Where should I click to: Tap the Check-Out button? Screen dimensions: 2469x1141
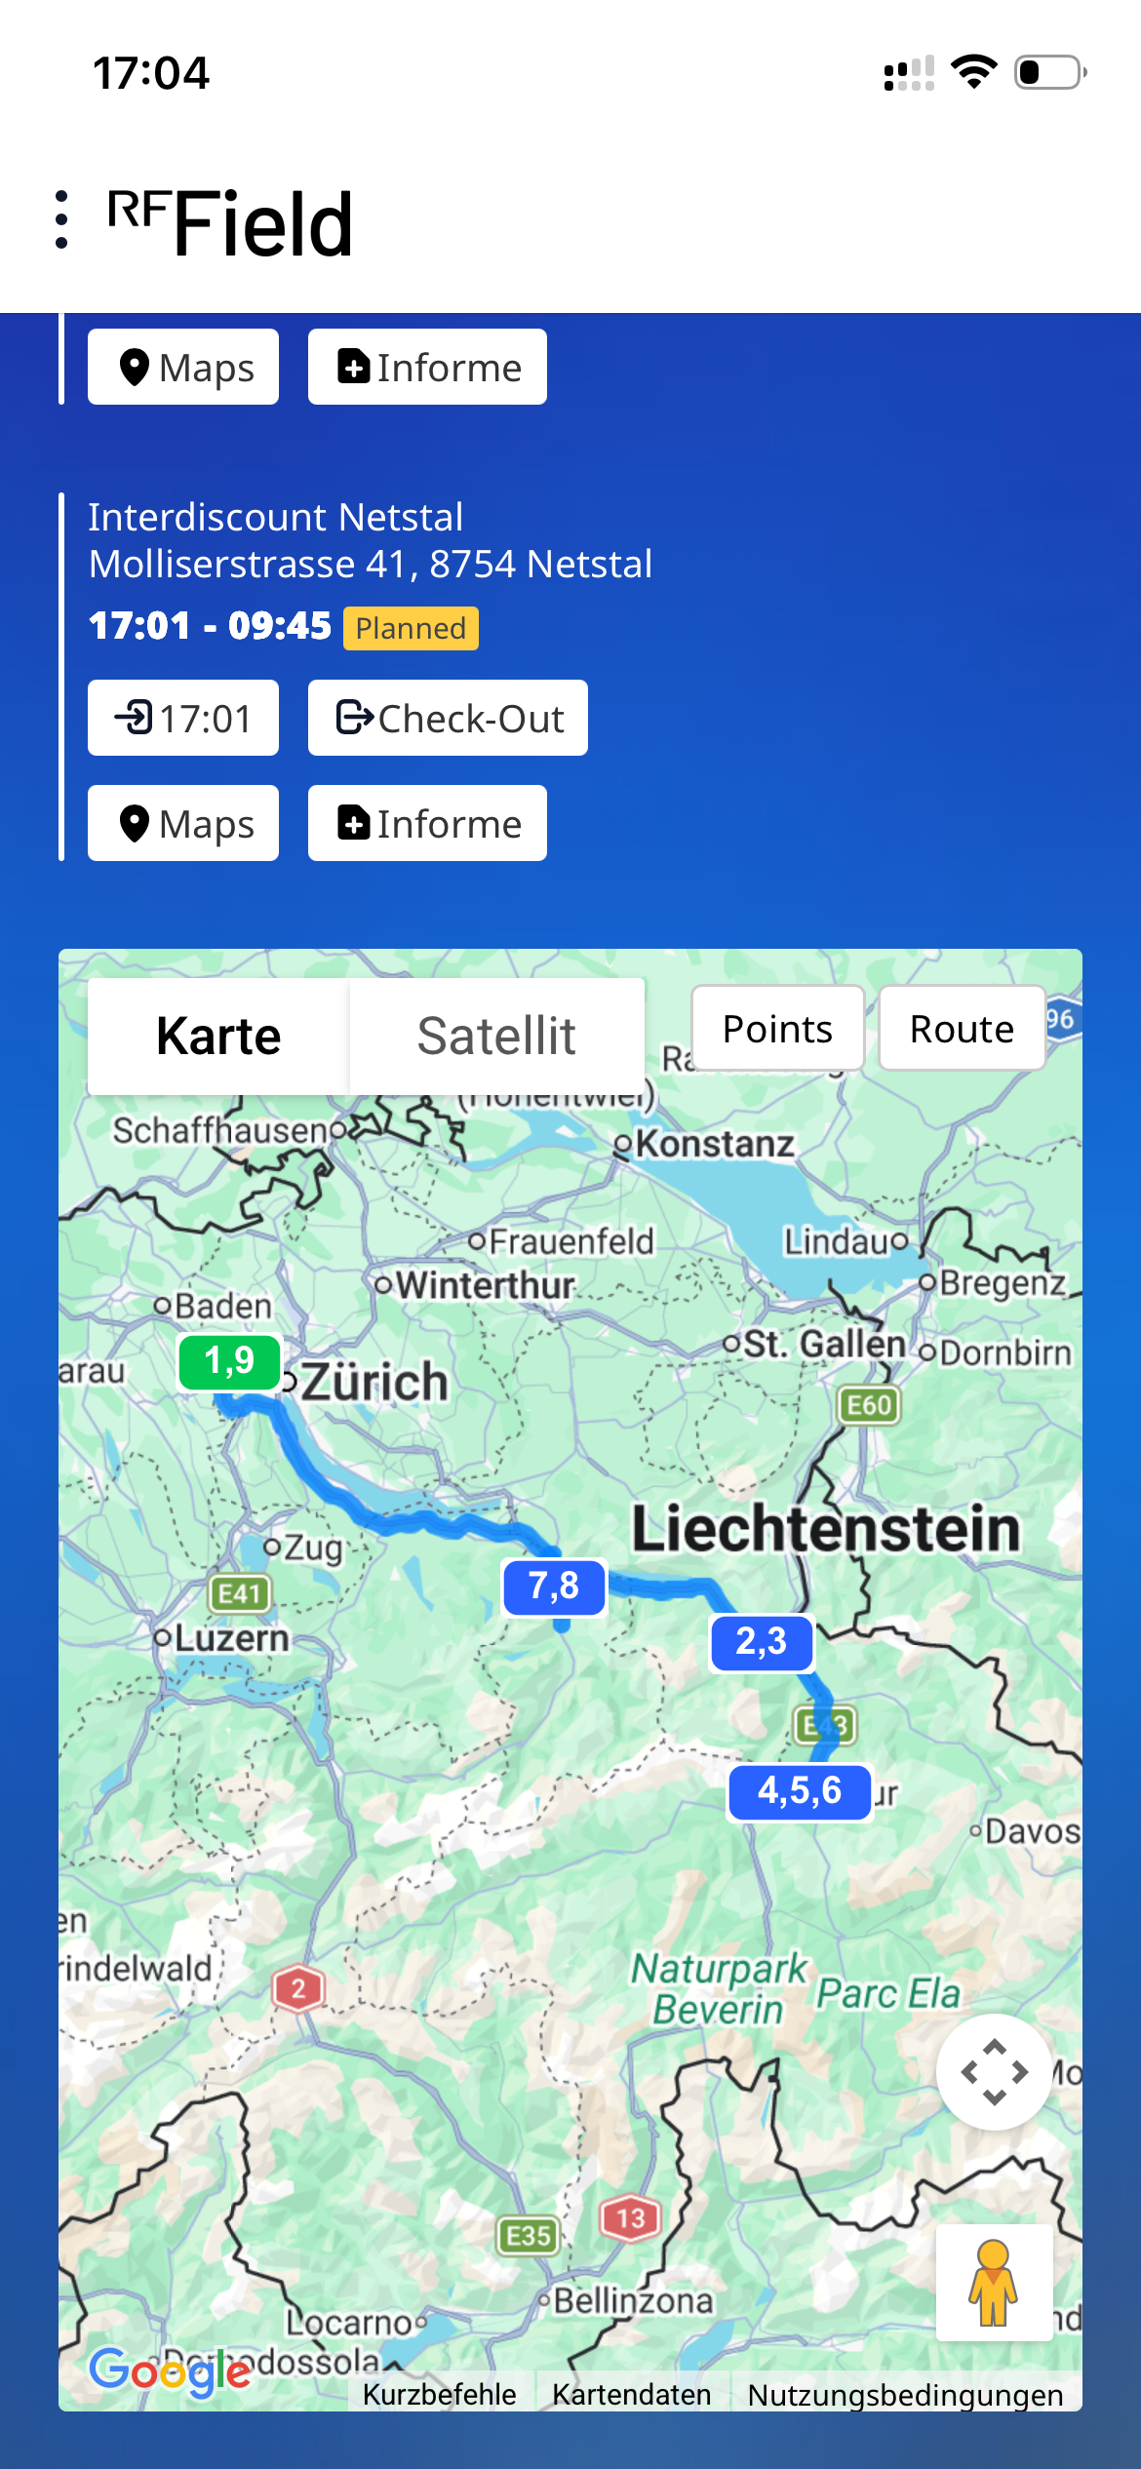(448, 718)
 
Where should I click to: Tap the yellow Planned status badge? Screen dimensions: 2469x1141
(411, 628)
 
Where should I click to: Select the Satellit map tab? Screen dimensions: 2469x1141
(496, 1036)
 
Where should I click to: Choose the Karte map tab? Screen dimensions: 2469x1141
(218, 1036)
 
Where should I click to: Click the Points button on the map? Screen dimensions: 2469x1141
(777, 1029)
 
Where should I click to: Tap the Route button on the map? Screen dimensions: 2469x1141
(962, 1029)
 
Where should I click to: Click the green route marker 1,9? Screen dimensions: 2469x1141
(230, 1361)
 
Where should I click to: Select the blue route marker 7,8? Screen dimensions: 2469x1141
(554, 1587)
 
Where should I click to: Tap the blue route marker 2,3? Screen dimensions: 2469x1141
(761, 1642)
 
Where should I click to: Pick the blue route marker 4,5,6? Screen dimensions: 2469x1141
(800, 1791)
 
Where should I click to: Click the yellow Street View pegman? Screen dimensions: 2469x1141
(993, 2282)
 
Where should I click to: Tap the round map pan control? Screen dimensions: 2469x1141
(994, 2071)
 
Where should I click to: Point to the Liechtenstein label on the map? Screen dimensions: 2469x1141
(825, 1528)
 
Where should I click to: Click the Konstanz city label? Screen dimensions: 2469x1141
(714, 1144)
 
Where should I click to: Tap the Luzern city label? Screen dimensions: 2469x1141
(231, 1638)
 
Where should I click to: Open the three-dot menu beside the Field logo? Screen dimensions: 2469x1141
(62, 219)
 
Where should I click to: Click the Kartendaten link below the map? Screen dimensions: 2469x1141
(631, 2394)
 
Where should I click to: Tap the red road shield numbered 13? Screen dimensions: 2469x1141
(630, 2218)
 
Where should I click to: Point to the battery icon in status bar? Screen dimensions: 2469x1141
(1049, 72)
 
